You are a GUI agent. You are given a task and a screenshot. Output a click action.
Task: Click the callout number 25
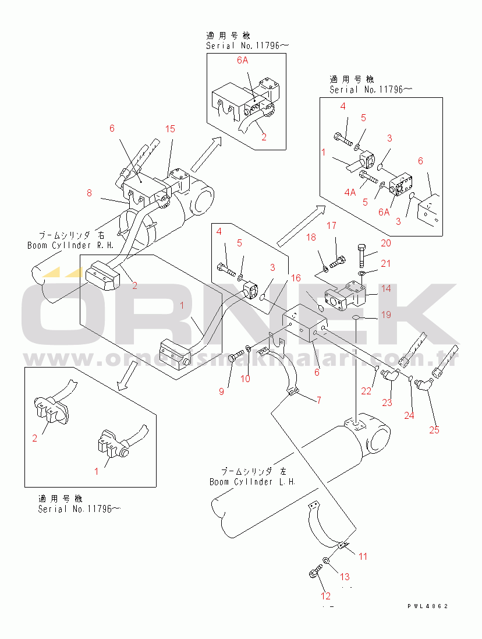point(434,430)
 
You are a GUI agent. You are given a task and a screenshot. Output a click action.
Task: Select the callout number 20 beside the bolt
point(386,243)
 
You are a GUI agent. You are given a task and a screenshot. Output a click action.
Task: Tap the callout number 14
point(386,288)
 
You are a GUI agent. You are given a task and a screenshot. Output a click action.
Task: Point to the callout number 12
point(325,596)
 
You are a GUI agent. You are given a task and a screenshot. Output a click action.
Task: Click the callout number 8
point(89,193)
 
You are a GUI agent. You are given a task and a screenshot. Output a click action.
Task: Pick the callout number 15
point(169,129)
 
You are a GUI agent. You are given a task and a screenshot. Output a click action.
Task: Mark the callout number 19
point(385,315)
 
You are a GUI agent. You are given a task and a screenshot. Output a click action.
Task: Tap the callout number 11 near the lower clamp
point(363,556)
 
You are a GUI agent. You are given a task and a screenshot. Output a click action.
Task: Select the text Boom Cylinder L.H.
point(253,482)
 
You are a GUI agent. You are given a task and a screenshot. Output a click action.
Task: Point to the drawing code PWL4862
point(428,606)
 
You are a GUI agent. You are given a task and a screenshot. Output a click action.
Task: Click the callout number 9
point(221,391)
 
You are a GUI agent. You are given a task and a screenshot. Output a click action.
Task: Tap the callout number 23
point(387,402)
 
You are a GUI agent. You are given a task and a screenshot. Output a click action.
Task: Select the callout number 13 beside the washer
point(345,577)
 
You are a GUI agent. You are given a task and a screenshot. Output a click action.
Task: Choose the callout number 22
point(366,391)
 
